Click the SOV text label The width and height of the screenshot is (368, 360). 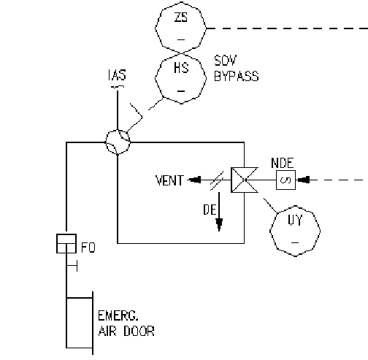[225, 61]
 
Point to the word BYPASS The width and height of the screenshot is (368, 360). [237, 76]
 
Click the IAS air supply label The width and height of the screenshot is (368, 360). [117, 75]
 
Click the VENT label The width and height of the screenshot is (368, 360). [169, 180]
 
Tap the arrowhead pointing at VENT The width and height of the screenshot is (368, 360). [195, 180]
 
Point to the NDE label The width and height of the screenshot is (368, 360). [283, 163]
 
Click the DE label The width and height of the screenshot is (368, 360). [210, 210]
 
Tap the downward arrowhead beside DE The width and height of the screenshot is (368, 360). [219, 225]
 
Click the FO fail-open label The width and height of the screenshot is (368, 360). [88, 248]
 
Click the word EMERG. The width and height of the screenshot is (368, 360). [118, 316]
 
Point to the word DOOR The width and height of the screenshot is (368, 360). [139, 331]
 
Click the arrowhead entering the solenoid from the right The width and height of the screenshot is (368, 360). [304, 180]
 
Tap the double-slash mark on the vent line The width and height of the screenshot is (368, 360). [217, 180]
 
